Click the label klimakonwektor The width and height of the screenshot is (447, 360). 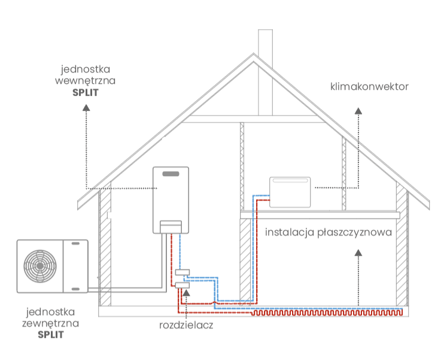[369, 86]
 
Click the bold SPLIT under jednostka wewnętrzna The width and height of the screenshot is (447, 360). [84, 93]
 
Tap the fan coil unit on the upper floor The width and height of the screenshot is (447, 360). [290, 192]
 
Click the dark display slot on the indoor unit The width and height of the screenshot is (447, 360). [171, 174]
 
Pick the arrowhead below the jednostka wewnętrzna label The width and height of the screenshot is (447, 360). [86, 108]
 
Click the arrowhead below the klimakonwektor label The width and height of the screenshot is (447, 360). [358, 111]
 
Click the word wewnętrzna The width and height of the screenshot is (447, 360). [84, 81]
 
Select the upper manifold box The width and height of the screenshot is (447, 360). [183, 273]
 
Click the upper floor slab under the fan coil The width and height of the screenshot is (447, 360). [319, 214]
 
